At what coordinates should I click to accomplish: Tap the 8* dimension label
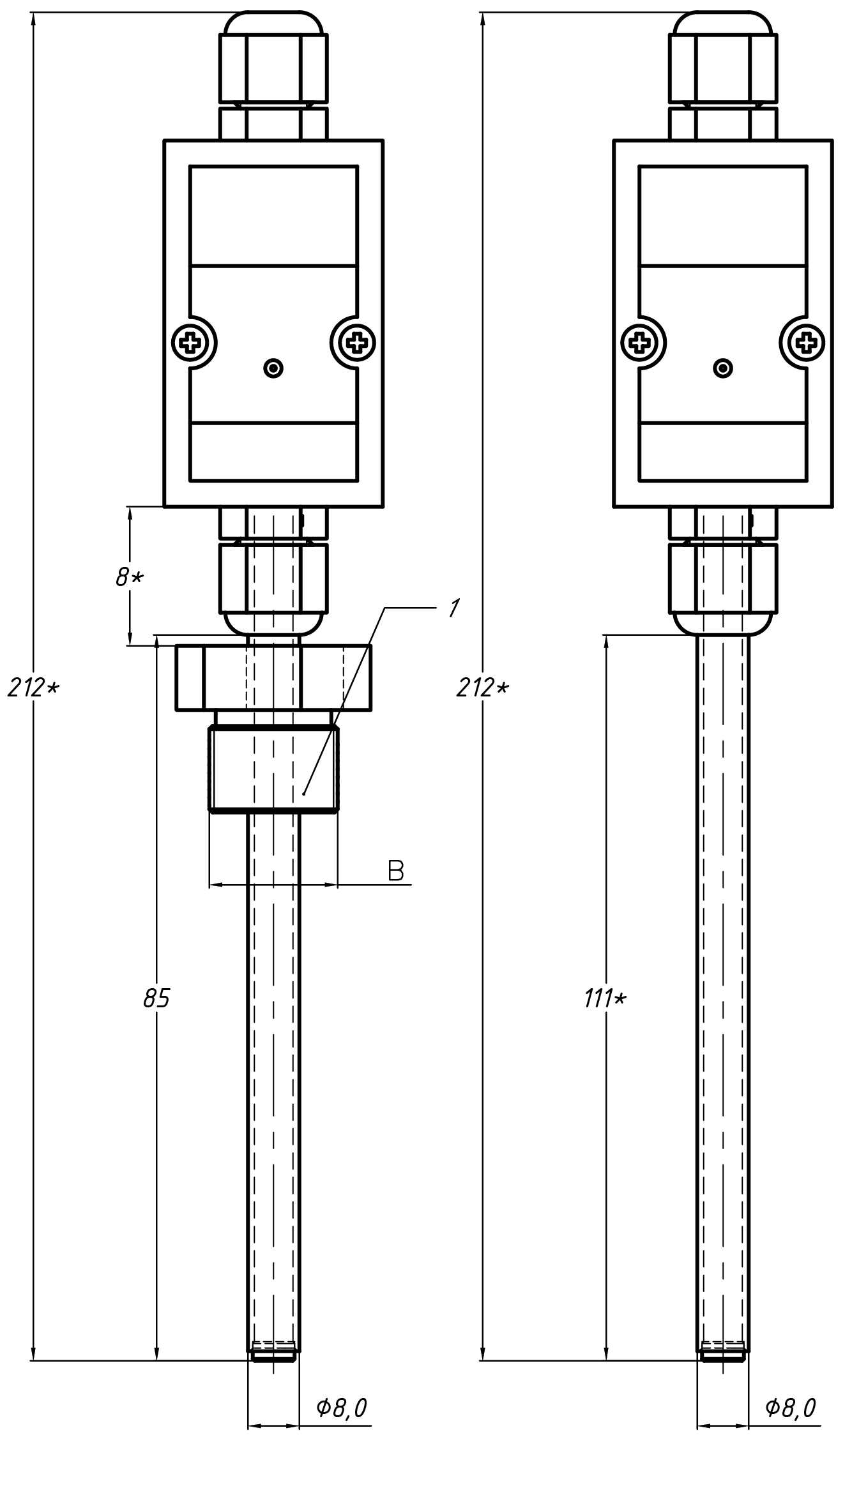[x=130, y=578]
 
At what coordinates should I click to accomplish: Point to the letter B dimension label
[x=396, y=871]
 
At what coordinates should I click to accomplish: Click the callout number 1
[x=453, y=608]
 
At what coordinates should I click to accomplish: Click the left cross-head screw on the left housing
[x=192, y=343]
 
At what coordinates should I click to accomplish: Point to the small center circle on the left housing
[x=273, y=368]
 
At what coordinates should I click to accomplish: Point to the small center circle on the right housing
[x=723, y=368]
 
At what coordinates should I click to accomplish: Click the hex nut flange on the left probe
[x=273, y=677]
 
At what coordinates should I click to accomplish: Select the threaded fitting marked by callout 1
[x=273, y=769]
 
